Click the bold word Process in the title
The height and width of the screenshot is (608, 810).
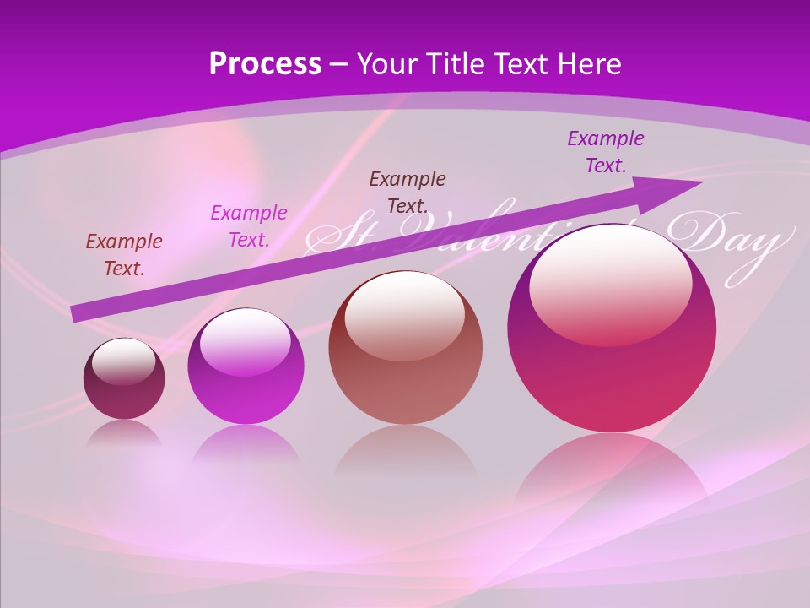pyautogui.click(x=265, y=63)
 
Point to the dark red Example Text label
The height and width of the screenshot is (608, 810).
pyautogui.click(x=124, y=254)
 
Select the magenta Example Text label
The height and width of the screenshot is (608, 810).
pyautogui.click(x=249, y=225)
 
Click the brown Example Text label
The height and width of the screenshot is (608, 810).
pyautogui.click(x=408, y=192)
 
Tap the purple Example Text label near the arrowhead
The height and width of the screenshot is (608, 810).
pyautogui.click(x=606, y=151)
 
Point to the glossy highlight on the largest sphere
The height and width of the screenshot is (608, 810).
pyautogui.click(x=610, y=283)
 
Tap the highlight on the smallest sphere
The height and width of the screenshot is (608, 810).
pyautogui.click(x=124, y=361)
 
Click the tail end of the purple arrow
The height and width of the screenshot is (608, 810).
pyautogui.click(x=76, y=313)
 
